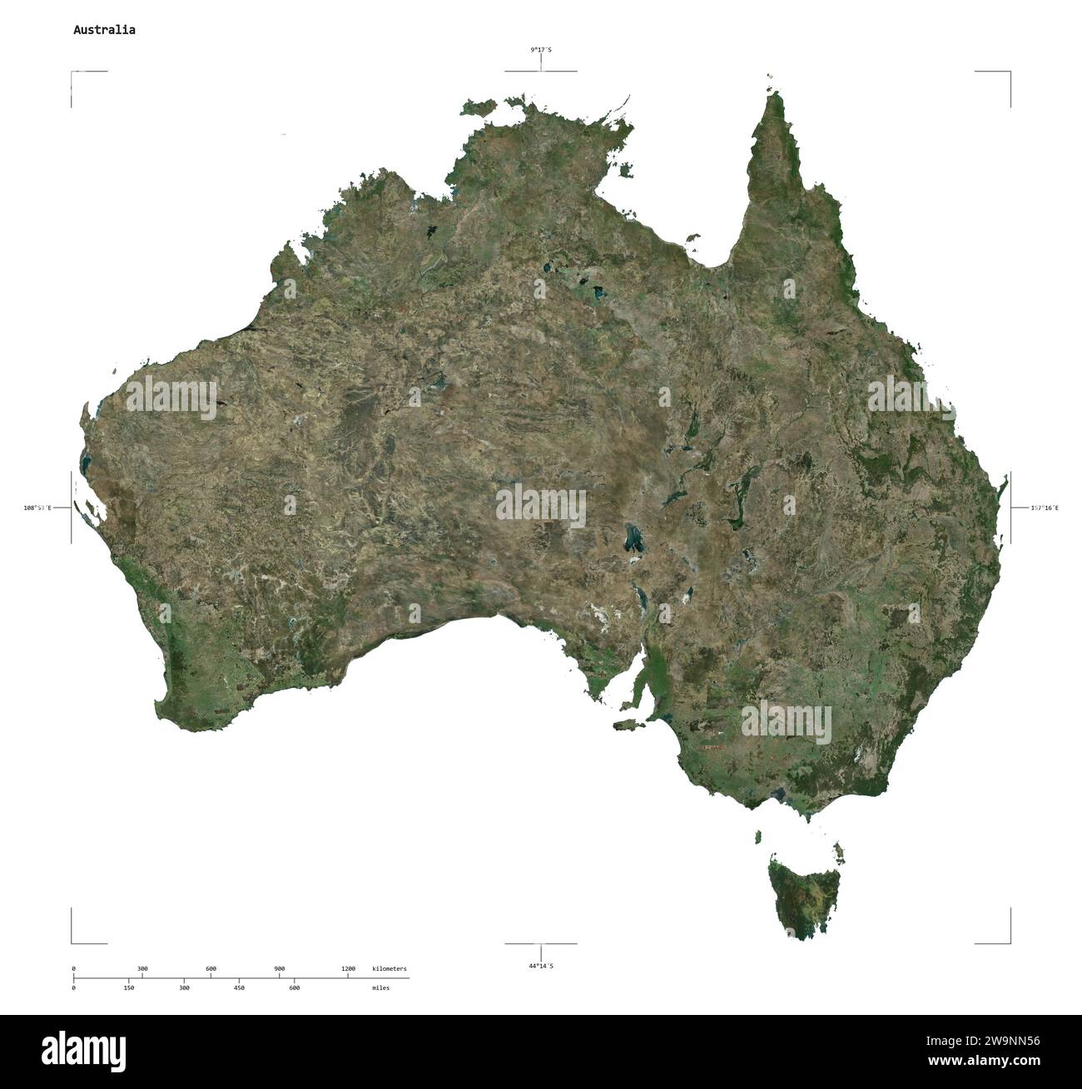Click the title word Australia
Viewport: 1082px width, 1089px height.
coord(104,30)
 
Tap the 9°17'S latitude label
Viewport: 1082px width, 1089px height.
coord(541,50)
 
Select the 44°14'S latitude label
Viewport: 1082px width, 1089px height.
coord(541,966)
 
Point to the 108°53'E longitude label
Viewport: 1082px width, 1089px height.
coord(37,507)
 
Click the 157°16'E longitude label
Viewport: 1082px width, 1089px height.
coord(1045,507)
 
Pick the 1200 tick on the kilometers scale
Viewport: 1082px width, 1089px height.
coord(348,969)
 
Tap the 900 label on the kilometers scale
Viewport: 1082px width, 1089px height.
coord(280,969)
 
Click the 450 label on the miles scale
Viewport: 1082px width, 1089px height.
coord(239,988)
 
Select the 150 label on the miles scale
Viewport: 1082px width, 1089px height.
coord(129,988)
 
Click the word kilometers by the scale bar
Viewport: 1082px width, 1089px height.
coord(390,969)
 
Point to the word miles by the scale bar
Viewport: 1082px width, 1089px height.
coord(380,988)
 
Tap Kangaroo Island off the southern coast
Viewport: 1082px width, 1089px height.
coord(626,725)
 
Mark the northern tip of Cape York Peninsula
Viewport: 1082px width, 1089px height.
coord(776,94)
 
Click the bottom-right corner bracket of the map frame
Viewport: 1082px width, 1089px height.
coord(1010,942)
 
